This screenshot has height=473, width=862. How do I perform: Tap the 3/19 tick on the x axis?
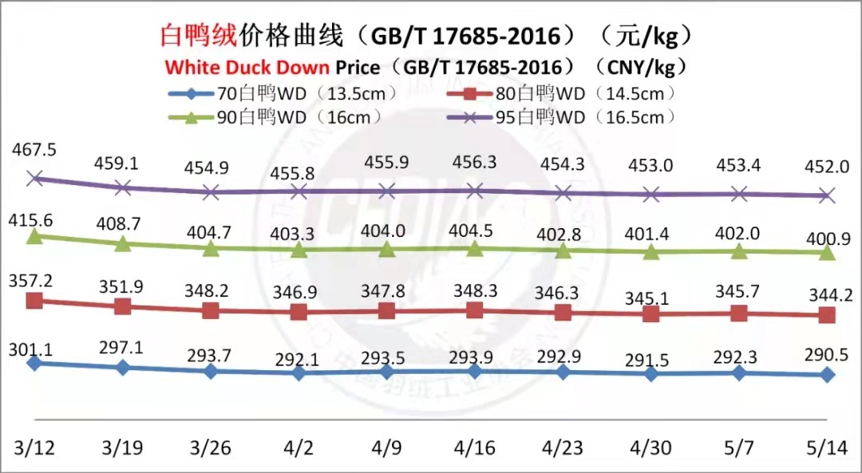(x=122, y=447)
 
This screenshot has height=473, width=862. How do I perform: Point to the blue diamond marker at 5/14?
(x=828, y=374)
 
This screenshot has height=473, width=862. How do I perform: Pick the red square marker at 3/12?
(x=34, y=301)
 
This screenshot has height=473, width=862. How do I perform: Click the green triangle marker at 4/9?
(x=386, y=250)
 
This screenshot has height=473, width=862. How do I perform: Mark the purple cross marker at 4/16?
(x=475, y=190)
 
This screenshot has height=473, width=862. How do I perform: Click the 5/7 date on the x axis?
(x=739, y=447)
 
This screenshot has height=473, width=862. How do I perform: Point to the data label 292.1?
(x=299, y=360)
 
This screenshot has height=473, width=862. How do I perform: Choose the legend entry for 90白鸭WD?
(x=275, y=117)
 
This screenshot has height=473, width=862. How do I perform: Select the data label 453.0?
(x=651, y=165)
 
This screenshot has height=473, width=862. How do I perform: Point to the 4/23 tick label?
(x=563, y=447)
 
